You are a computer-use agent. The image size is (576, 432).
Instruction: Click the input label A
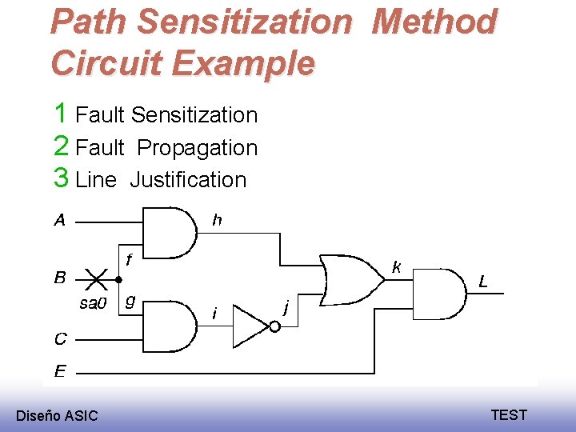click(x=60, y=220)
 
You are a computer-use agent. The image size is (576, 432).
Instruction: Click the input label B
click(x=60, y=278)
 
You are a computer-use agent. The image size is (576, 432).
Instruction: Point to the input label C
click(x=60, y=339)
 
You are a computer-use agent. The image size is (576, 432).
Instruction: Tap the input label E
click(x=60, y=370)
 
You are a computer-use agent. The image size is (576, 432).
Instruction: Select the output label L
click(x=483, y=281)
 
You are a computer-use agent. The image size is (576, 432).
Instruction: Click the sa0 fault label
click(x=92, y=302)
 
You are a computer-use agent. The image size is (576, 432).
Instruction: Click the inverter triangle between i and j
click(x=250, y=327)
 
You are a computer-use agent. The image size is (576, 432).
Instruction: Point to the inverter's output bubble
click(x=273, y=327)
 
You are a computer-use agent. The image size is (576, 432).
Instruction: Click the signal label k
click(x=396, y=267)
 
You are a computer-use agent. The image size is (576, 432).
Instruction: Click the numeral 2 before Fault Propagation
click(x=61, y=146)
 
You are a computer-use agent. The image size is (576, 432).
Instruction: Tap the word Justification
click(x=188, y=179)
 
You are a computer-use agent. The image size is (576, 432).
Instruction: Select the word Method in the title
click(x=434, y=22)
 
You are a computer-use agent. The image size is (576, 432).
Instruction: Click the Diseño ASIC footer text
click(x=57, y=415)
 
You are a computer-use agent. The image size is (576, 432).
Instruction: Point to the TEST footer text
click(x=509, y=414)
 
